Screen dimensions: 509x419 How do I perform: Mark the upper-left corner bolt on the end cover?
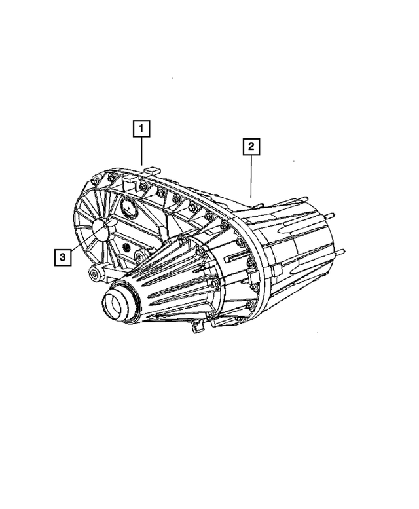tap(96, 181)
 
